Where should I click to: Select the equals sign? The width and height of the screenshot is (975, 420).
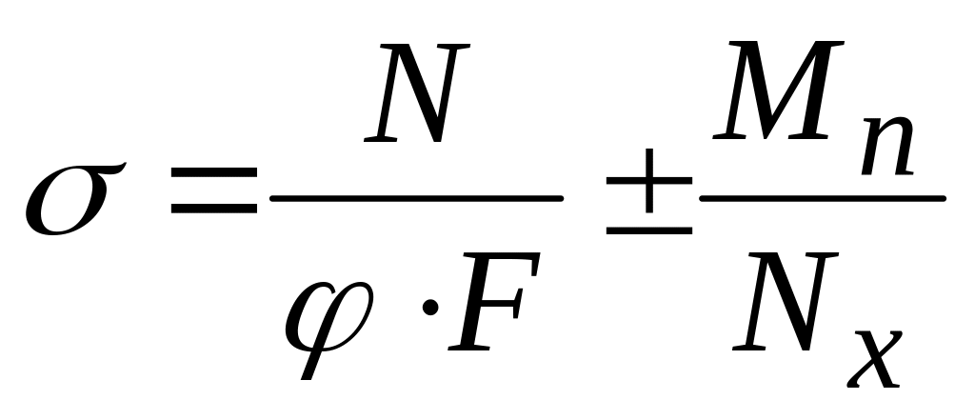pos(213,190)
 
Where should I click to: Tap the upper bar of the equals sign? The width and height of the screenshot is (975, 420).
pos(213,173)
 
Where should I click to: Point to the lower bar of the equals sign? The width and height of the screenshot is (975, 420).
pos(213,208)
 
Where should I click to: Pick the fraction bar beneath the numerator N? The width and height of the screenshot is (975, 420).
pos(416,198)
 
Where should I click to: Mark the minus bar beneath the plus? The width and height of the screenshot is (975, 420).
pos(648,230)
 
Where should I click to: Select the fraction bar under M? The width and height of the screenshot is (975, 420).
pos(821,198)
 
